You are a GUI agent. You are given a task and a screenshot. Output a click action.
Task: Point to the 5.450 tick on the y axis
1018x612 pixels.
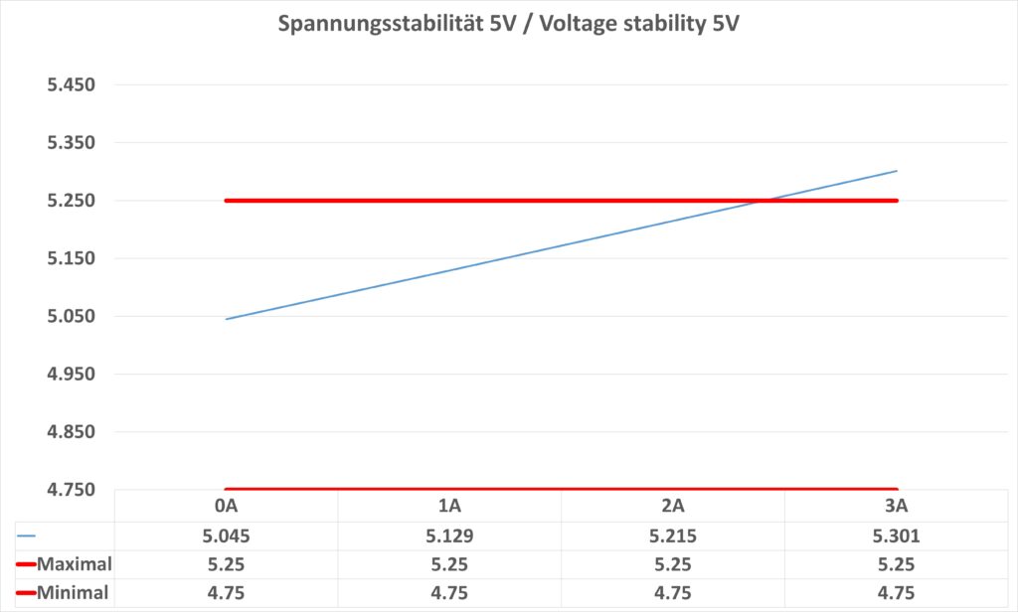pyautogui.click(x=71, y=84)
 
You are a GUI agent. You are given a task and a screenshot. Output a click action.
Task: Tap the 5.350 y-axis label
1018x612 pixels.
pyautogui.click(x=71, y=142)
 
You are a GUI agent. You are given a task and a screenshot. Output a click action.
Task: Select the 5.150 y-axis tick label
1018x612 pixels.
pyautogui.click(x=71, y=258)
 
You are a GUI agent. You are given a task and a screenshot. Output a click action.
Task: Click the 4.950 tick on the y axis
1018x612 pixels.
pyautogui.click(x=71, y=374)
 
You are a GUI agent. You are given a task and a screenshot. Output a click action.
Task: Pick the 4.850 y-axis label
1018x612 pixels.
pyautogui.click(x=71, y=432)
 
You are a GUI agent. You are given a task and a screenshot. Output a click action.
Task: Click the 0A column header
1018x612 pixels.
pyautogui.click(x=227, y=506)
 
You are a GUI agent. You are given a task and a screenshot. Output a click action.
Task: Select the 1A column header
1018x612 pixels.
pyautogui.click(x=449, y=506)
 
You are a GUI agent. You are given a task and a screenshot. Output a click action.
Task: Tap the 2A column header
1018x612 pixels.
pyautogui.click(x=673, y=506)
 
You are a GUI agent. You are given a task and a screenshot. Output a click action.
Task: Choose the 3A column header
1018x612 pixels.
pyautogui.click(x=897, y=506)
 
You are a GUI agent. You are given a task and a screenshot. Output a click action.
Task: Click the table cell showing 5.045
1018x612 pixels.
pyautogui.click(x=227, y=535)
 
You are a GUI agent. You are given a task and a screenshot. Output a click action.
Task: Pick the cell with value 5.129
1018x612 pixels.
pyautogui.click(x=449, y=535)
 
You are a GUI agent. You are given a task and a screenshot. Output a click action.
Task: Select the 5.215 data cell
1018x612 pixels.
pyautogui.click(x=673, y=535)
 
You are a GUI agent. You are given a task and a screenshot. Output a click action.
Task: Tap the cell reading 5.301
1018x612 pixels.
pyautogui.click(x=897, y=535)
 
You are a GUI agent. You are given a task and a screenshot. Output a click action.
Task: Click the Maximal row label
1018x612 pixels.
pyautogui.click(x=73, y=565)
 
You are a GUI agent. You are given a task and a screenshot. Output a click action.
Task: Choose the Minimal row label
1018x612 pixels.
pyautogui.click(x=73, y=593)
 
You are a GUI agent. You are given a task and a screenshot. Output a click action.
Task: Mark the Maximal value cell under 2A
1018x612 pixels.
pyautogui.click(x=673, y=565)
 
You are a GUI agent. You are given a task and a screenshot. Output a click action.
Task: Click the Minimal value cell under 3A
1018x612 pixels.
pyautogui.click(x=897, y=593)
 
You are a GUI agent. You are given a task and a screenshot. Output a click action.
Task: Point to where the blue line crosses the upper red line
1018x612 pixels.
pyautogui.click(x=763, y=201)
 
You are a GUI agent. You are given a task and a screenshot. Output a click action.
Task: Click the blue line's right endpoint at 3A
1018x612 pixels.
pyautogui.click(x=897, y=171)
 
